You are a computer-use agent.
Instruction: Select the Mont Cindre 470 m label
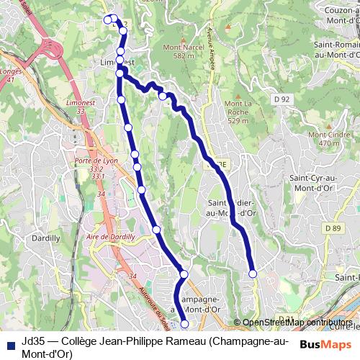tap(324, 138)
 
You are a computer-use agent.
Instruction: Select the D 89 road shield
tap(332, 228)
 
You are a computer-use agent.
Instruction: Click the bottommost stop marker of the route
tap(184, 325)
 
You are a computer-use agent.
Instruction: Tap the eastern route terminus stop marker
tap(253, 274)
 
